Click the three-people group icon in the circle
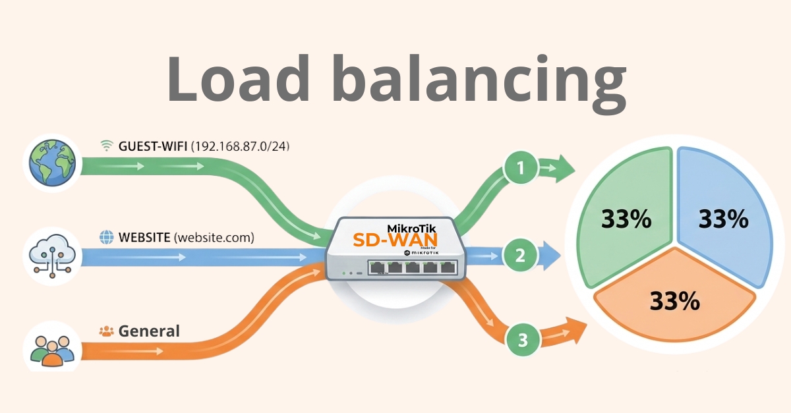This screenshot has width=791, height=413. (x=51, y=347)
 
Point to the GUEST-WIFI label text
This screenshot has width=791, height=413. (x=153, y=146)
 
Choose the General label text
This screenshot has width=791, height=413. (x=149, y=331)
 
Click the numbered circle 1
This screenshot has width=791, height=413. (x=521, y=169)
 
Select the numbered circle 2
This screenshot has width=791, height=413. (x=520, y=255)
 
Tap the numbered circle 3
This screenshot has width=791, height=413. (x=523, y=340)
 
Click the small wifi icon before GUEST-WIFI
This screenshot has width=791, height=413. (x=105, y=146)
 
